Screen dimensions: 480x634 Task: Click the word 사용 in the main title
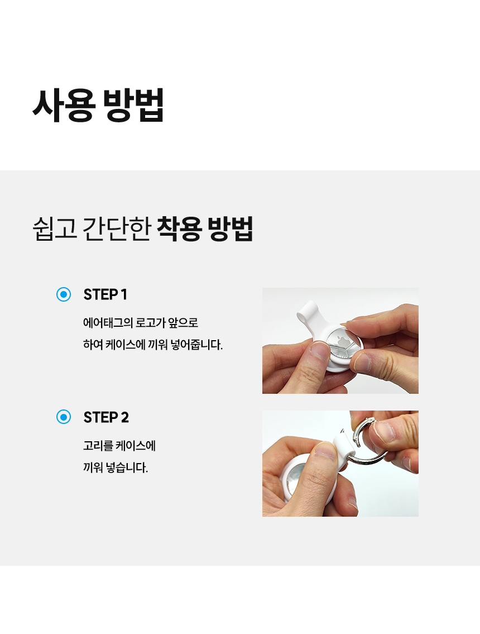[64, 105]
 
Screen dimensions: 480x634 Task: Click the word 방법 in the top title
[134, 105]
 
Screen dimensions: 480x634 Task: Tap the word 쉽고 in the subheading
[55, 229]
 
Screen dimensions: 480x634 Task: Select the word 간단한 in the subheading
[117, 229]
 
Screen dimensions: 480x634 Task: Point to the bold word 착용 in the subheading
[179, 229]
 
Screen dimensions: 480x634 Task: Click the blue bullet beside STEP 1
[64, 294]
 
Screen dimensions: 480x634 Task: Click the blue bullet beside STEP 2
[64, 417]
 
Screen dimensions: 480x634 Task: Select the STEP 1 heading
[105, 294]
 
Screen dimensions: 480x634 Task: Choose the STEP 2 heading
[106, 417]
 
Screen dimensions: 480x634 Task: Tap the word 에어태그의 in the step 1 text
[108, 323]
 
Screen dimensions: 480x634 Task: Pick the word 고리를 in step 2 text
[98, 446]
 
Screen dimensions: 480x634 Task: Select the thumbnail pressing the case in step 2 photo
[325, 451]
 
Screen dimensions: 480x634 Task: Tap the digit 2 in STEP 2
[125, 417]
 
